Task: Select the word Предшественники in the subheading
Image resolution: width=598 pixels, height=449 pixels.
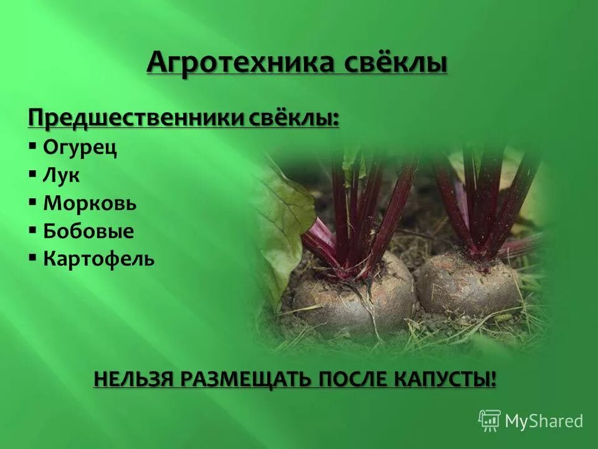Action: coord(136,117)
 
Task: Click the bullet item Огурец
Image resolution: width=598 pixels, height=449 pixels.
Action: coord(80,148)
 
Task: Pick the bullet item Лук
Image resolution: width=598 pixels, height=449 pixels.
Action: coord(61,175)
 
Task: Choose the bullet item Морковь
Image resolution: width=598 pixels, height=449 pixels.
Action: coord(90,203)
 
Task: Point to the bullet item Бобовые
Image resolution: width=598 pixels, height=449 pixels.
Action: coord(88,231)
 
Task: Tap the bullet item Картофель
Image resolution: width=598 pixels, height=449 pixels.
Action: coord(98,259)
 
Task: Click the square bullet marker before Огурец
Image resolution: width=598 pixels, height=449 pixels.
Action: coord(32,147)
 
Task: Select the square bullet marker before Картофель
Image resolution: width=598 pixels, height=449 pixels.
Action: coord(32,258)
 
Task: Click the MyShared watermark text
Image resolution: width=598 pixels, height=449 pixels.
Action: coord(544,422)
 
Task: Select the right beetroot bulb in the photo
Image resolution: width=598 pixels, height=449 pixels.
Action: coord(468,284)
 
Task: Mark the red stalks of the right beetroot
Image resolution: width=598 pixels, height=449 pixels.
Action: coord(486,200)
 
